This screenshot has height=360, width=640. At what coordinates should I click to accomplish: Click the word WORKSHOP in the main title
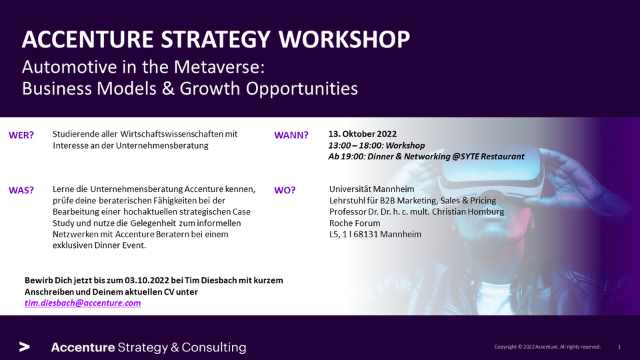[x=344, y=39]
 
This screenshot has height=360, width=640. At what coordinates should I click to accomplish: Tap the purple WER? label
[x=21, y=135]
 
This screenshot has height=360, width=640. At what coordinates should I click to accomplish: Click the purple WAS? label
[x=21, y=190]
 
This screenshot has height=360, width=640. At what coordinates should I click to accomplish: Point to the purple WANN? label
[x=291, y=135]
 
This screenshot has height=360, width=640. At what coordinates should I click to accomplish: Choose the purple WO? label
[x=285, y=190]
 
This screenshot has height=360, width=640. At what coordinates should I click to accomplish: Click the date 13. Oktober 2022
[x=363, y=134]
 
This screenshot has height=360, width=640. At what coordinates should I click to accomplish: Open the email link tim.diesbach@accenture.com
[x=83, y=303]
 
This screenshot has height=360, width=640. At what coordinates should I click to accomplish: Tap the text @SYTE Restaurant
[x=488, y=156]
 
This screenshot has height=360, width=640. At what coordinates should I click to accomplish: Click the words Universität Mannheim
[x=372, y=189]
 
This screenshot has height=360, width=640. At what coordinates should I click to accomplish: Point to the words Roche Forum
[x=355, y=223]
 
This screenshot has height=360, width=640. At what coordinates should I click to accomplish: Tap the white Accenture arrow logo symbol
[x=25, y=347]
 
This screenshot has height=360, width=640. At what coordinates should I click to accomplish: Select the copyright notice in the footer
[x=547, y=347]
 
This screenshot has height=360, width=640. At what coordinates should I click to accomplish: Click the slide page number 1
[x=619, y=347]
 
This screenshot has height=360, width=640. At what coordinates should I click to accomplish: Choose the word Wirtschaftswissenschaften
[x=172, y=134]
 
